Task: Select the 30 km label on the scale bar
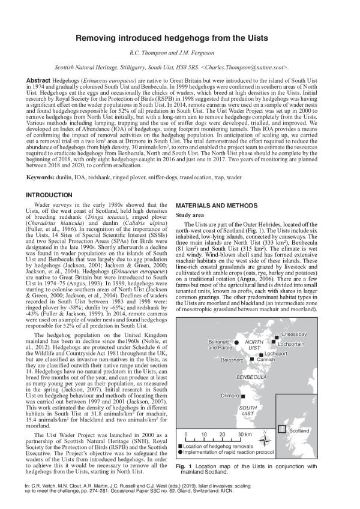click(x=245, y=434)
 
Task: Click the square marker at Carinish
click(x=252, y=359)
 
